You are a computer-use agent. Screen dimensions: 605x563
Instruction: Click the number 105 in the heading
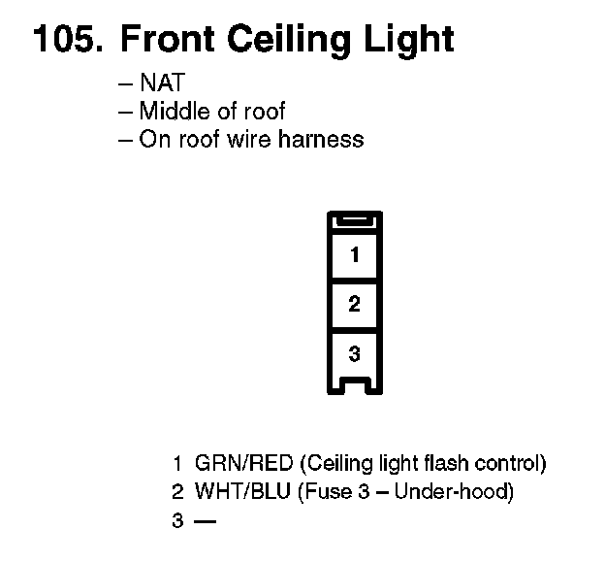(x=66, y=40)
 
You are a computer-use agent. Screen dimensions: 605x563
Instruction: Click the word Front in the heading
(x=166, y=40)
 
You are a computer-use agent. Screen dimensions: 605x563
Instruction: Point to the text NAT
(x=161, y=84)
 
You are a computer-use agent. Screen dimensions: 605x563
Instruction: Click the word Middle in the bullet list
(x=171, y=112)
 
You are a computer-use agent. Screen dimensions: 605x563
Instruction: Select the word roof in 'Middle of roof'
(x=264, y=112)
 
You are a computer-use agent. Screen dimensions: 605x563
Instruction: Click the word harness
(x=322, y=139)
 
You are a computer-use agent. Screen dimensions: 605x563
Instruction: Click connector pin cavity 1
(x=354, y=255)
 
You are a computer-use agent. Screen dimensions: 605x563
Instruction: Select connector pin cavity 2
(x=354, y=304)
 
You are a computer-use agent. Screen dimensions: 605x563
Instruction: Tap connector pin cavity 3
(x=354, y=351)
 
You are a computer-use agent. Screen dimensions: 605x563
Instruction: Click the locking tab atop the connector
(x=354, y=222)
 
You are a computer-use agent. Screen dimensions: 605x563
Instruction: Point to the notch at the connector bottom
(x=354, y=386)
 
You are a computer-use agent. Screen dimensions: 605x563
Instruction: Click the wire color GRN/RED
(x=238, y=462)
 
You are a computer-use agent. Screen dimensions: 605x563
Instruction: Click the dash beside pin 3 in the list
(x=205, y=520)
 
